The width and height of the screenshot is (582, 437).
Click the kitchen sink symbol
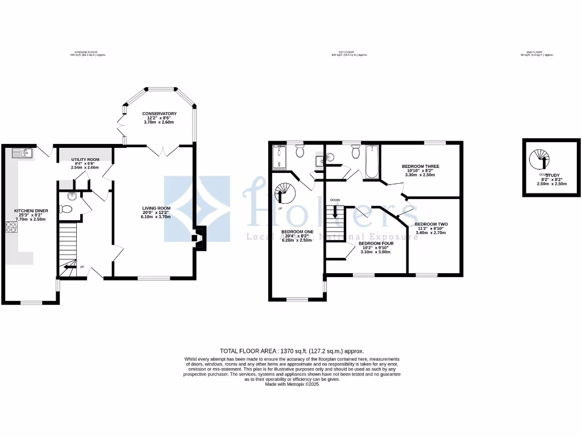22,152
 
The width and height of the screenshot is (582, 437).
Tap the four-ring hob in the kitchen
12,227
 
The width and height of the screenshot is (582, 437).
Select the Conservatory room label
159,114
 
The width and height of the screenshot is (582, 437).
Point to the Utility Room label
85,159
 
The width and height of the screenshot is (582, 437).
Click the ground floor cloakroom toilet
66,209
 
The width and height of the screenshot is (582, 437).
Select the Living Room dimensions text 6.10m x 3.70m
156,217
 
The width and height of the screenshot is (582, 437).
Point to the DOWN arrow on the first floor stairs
335,212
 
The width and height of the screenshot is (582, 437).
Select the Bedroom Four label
376,244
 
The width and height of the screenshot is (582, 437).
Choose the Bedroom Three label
421,166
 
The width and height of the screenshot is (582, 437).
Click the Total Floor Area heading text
292,351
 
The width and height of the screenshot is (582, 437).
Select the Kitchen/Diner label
31,211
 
